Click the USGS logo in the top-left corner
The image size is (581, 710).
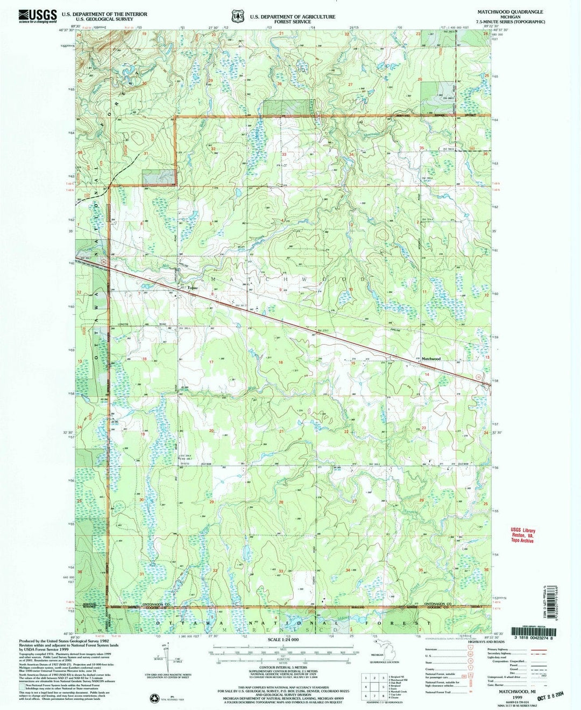37,16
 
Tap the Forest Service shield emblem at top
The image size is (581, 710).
237,17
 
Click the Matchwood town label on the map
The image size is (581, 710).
431,358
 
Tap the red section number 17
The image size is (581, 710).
211,362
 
